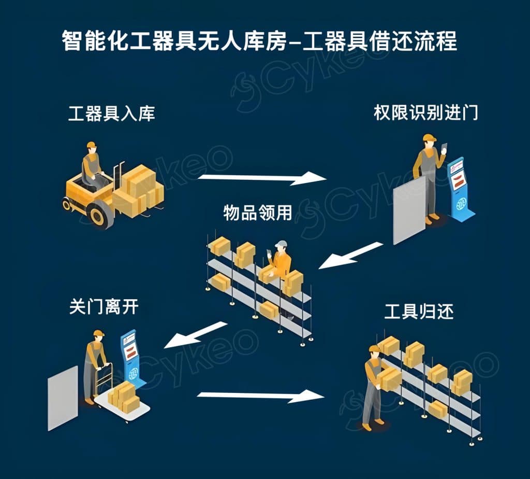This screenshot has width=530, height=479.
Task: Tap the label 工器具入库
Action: point(111,114)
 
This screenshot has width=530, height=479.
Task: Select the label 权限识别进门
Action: point(425,114)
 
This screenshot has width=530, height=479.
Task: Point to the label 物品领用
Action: point(257,213)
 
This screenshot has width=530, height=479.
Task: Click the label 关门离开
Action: point(104,307)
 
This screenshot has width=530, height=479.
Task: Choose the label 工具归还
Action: point(419,312)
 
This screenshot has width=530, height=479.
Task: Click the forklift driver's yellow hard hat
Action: point(92,145)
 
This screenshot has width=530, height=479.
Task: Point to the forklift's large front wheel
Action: point(101,214)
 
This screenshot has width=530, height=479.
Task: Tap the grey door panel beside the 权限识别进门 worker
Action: point(409,210)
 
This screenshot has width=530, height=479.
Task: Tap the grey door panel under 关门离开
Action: point(63,398)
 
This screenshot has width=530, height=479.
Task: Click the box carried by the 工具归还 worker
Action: point(390,378)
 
